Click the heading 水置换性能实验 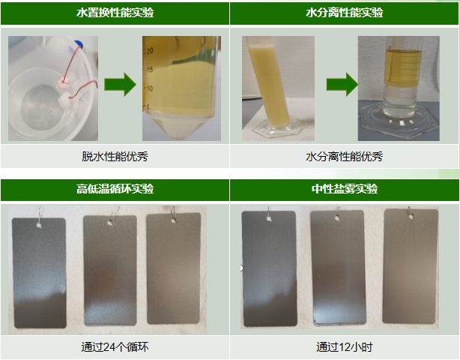[x=115, y=13]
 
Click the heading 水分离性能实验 [x=345, y=13]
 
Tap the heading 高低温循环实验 [x=115, y=188]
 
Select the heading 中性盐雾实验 [x=345, y=188]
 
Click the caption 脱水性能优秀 [x=115, y=156]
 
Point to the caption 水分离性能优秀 [x=345, y=156]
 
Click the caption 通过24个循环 [x=115, y=347]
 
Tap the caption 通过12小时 [x=345, y=347]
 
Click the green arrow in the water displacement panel [x=121, y=84]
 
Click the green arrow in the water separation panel [x=342, y=84]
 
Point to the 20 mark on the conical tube [x=150, y=51]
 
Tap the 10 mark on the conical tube [x=149, y=88]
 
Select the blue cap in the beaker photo [x=79, y=43]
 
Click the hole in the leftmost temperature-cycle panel [x=39, y=225]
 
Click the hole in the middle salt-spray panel [x=338, y=218]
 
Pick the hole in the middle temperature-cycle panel [x=110, y=223]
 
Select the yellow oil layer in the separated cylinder [x=403, y=68]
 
